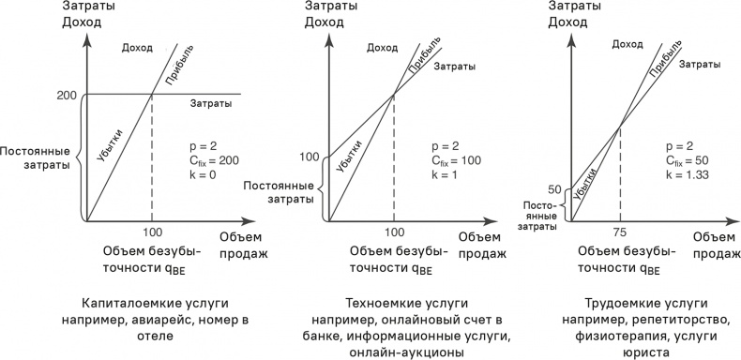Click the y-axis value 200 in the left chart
coord(67,96)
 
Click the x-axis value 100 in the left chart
coord(152,232)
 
